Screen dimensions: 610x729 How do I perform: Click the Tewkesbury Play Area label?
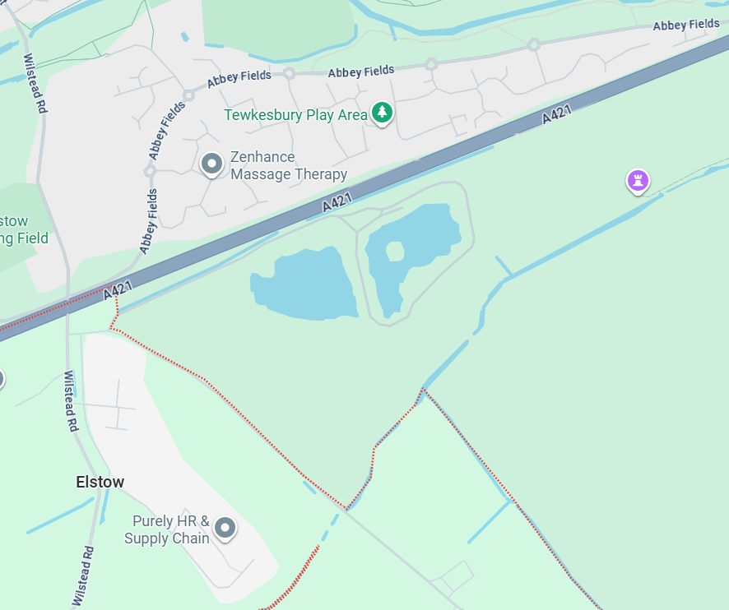click(x=295, y=115)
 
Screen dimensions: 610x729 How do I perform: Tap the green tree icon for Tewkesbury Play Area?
click(x=381, y=113)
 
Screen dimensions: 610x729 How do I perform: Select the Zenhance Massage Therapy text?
click(x=288, y=165)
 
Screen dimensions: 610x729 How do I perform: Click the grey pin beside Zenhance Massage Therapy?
click(x=211, y=164)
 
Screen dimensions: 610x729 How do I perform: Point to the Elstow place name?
click(x=100, y=482)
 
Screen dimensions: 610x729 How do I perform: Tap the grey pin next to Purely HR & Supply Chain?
click(x=224, y=528)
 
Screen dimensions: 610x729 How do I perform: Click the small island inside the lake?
click(x=395, y=251)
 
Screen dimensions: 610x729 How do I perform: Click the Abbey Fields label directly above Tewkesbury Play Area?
click(x=360, y=72)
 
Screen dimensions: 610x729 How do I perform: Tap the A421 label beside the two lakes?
click(x=338, y=201)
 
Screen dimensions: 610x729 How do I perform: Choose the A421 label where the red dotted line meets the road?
click(x=118, y=290)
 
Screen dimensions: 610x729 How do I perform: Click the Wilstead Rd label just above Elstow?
click(x=71, y=401)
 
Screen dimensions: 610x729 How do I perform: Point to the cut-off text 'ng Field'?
click(x=25, y=238)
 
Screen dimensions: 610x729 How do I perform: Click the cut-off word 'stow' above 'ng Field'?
click(x=14, y=221)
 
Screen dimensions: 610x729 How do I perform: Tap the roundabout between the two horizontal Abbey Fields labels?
click(x=289, y=73)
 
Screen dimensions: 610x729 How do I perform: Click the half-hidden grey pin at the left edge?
click(x=2, y=378)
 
